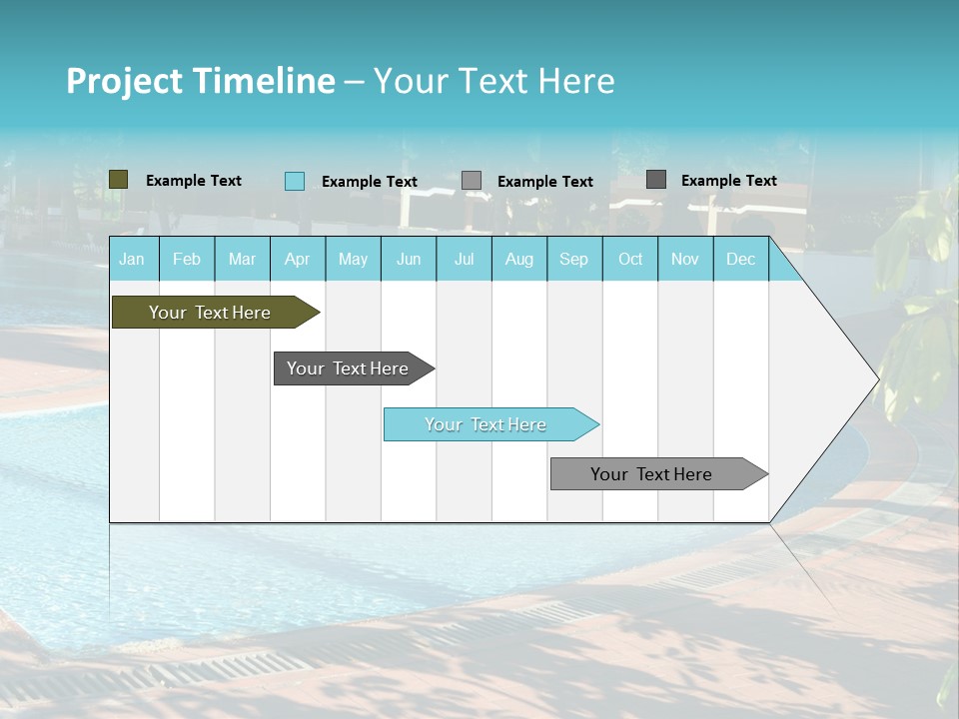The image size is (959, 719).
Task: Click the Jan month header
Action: (x=133, y=260)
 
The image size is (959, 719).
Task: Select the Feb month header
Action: (x=187, y=260)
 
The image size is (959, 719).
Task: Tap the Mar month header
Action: (x=242, y=260)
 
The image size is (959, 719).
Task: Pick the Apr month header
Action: (x=298, y=260)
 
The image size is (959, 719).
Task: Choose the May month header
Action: (x=353, y=260)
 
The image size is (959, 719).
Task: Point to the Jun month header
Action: (x=409, y=260)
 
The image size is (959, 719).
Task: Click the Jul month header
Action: (x=464, y=260)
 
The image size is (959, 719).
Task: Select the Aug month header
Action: (x=519, y=260)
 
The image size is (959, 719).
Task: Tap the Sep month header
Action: (x=574, y=260)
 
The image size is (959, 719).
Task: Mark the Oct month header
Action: (x=630, y=260)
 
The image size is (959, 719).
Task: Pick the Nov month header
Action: (x=685, y=260)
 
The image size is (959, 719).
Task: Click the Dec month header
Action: (x=741, y=260)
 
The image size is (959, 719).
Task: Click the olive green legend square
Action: (x=119, y=180)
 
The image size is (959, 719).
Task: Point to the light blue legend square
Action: (x=295, y=181)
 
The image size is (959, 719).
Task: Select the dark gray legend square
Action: (x=656, y=180)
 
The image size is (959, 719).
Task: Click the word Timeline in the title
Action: (x=263, y=81)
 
